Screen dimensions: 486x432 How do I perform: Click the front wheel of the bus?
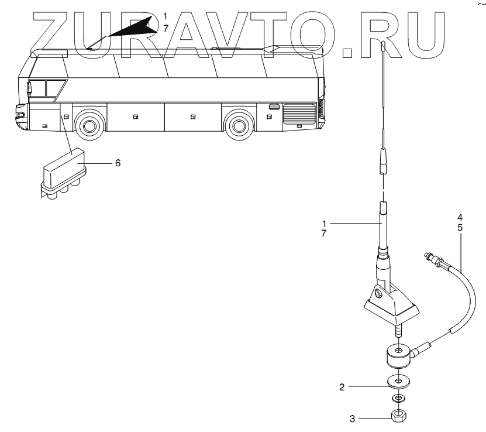click(x=87, y=125)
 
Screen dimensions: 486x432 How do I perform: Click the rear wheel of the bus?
click(x=237, y=125)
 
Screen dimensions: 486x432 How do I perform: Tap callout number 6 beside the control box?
click(x=118, y=163)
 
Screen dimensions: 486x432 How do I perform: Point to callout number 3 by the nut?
click(x=353, y=419)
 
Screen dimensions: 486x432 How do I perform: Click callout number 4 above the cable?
click(x=460, y=218)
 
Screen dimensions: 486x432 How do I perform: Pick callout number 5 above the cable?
click(x=460, y=227)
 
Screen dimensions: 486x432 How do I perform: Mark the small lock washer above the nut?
click(x=398, y=399)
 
